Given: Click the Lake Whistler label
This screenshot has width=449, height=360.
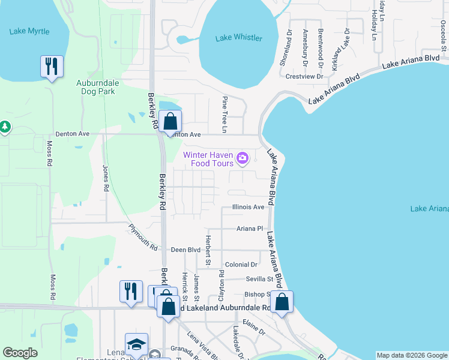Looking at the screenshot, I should [x=239, y=38].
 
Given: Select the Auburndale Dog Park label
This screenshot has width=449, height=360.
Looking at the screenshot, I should [x=98, y=87].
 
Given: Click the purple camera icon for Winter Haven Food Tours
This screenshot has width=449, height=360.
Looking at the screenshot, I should [x=243, y=158].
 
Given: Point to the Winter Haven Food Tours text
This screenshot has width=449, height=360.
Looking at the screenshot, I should [x=209, y=158].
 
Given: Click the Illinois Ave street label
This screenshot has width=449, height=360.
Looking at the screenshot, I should [x=248, y=207].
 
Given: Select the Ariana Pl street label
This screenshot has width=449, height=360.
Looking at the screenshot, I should [x=250, y=229].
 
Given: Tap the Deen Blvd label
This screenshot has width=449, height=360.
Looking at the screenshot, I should [x=185, y=250].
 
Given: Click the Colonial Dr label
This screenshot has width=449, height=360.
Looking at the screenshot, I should [x=241, y=265].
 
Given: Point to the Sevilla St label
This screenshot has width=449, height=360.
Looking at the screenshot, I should [x=259, y=279].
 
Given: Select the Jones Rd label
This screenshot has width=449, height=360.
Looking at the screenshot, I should [x=106, y=178].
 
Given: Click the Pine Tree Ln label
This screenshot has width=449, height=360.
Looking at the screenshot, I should [x=225, y=114].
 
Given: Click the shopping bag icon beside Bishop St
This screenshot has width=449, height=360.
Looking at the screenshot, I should [x=281, y=301].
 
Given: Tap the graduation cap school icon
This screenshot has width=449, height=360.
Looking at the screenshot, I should [x=136, y=344].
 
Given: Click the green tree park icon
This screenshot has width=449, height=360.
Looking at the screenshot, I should [x=5, y=127].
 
